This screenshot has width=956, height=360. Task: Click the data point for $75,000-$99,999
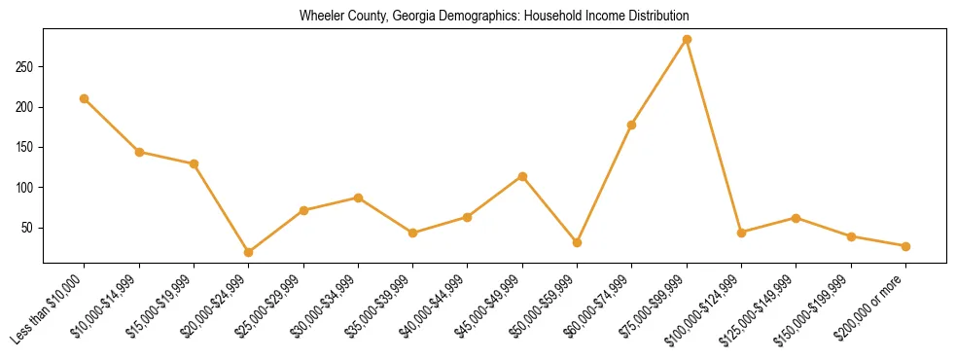[687, 40]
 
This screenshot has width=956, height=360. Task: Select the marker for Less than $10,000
[85, 98]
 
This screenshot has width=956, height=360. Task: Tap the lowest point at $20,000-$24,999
[249, 252]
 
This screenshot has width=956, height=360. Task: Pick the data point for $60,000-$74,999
[632, 125]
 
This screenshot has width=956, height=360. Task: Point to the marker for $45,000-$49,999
[522, 176]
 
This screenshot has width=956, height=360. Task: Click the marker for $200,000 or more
[905, 246]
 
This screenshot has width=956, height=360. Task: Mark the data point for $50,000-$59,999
[577, 242]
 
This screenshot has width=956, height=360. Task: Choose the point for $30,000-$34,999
[358, 198]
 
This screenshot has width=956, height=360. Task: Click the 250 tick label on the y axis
[26, 67]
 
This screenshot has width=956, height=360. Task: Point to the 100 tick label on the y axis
[26, 187]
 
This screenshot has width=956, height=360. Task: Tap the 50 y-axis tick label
[29, 228]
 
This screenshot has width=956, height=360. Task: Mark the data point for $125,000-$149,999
[796, 218]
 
